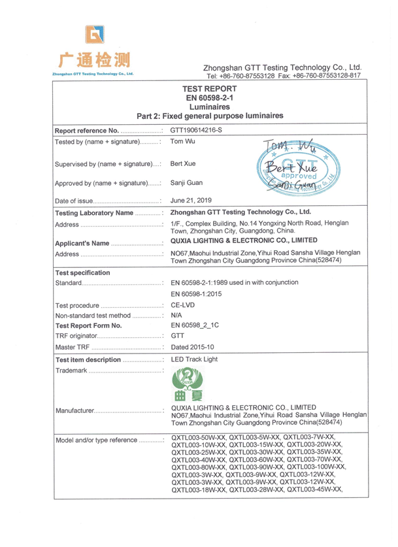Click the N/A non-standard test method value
click(x=176, y=315)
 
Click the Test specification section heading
click(x=83, y=273)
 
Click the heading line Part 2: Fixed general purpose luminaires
click(x=209, y=116)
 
